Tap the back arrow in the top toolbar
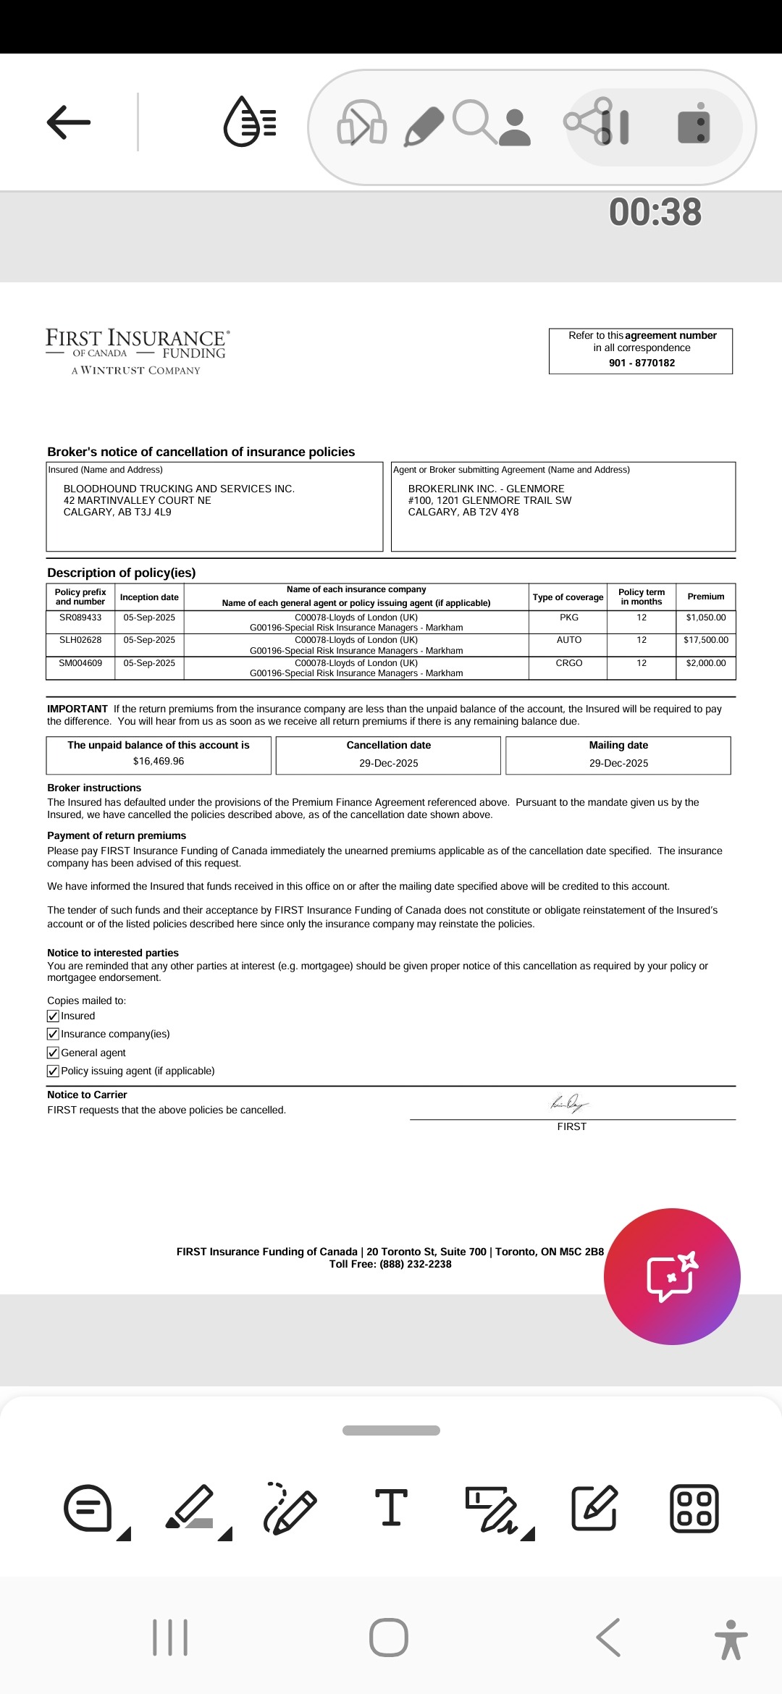point(69,122)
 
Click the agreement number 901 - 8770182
point(642,363)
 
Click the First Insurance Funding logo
point(137,351)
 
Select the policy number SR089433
point(80,618)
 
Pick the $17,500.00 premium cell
point(706,640)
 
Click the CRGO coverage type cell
point(569,663)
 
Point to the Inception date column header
point(149,597)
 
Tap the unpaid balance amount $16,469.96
point(159,761)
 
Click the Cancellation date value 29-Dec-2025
point(389,763)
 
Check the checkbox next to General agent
point(53,1053)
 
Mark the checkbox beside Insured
point(53,1016)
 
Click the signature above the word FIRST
point(570,1104)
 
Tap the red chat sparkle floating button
point(672,1276)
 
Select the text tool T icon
point(391,1508)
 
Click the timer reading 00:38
point(655,212)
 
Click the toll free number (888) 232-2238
point(415,1264)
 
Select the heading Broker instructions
point(94,788)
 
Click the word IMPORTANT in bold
point(77,709)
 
